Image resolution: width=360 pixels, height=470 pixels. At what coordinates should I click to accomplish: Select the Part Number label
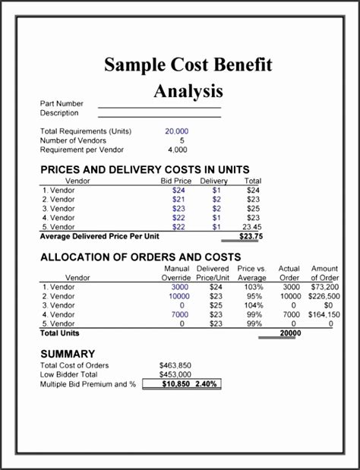tap(62, 103)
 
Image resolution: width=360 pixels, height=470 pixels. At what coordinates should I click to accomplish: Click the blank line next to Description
tap(159, 117)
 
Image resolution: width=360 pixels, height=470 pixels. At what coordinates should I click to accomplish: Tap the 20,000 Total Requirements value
tap(176, 131)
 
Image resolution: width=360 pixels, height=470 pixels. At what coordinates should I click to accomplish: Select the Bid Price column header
tap(175, 181)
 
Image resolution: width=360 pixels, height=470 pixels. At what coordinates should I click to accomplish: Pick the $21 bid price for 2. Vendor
tap(179, 199)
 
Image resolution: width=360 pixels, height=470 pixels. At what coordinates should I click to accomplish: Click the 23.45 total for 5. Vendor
tap(251, 226)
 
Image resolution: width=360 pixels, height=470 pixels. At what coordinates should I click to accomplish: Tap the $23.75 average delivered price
tap(251, 236)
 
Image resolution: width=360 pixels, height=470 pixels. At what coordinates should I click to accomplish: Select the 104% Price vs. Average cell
tap(254, 305)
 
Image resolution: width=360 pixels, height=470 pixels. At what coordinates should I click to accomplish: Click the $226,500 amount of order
tap(324, 296)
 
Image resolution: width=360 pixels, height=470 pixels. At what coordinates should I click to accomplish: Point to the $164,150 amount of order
tap(324, 314)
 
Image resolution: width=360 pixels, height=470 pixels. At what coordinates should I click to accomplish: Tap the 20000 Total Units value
tap(289, 333)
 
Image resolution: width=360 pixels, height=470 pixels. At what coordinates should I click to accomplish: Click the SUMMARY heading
tap(68, 353)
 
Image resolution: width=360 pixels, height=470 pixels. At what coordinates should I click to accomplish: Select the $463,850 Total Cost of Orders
tap(175, 365)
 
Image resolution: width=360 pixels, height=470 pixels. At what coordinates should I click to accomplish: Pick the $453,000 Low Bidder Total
tap(175, 374)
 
